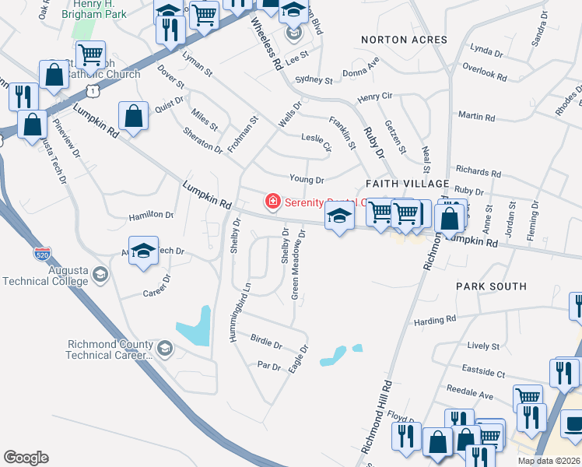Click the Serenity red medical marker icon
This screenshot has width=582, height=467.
click(272, 202)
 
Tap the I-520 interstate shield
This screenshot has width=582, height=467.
click(43, 254)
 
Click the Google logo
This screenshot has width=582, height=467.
click(26, 458)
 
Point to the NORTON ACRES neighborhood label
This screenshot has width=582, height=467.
click(404, 40)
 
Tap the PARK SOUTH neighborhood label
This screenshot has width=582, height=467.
click(492, 286)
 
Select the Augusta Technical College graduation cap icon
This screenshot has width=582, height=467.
click(100, 274)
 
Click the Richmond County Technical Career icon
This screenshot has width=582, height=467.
click(164, 349)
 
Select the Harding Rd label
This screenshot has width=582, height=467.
click(434, 320)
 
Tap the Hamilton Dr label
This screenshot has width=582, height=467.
click(152, 214)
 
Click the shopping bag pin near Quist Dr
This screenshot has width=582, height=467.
click(134, 115)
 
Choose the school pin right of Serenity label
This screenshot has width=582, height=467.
click(339, 217)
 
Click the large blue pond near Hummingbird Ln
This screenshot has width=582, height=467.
click(195, 327)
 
